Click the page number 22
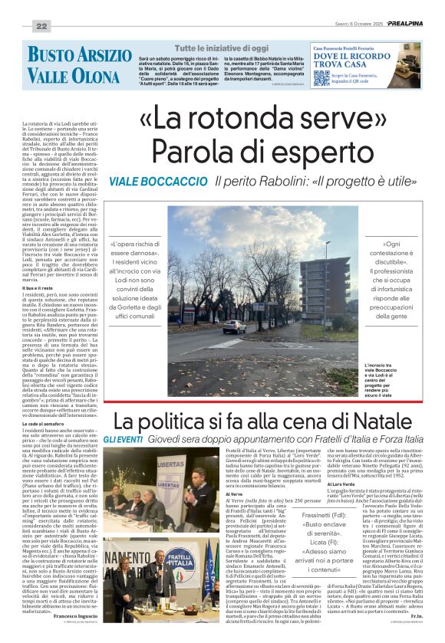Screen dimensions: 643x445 [x=41, y=26]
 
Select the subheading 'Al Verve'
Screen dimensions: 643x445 [x=232, y=494]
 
